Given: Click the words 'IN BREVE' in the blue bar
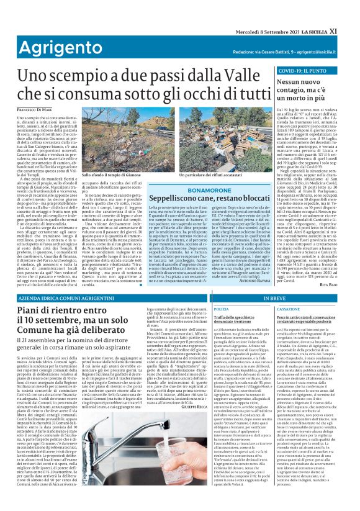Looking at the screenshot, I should [x=274, y=299].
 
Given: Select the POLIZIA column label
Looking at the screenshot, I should [x=221, y=309].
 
